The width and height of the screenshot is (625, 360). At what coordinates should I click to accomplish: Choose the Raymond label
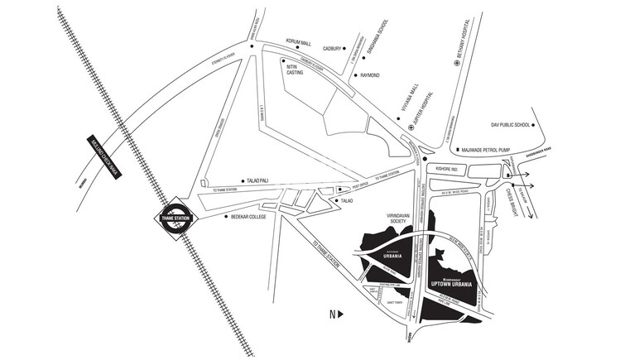pyautogui.click(x=369, y=75)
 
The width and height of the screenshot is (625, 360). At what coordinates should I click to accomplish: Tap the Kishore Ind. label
pyautogui.click(x=445, y=168)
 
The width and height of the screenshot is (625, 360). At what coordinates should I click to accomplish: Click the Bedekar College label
pyautogui.click(x=251, y=217)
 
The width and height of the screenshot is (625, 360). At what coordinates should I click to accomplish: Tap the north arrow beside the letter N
pyautogui.click(x=339, y=314)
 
